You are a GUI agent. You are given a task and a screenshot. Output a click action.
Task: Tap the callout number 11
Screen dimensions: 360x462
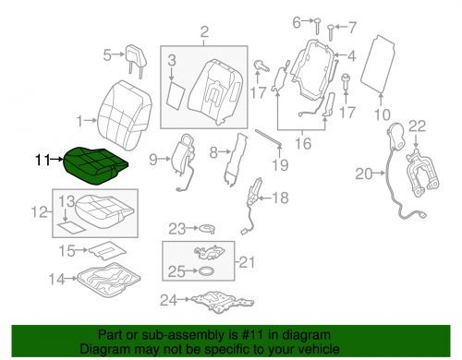point(42,161)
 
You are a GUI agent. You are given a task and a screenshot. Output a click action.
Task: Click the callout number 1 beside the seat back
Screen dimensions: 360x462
point(79,120)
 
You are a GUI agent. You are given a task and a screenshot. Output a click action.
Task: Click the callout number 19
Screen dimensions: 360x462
point(273,163)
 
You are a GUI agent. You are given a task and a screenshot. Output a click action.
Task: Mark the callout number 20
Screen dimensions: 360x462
point(361,172)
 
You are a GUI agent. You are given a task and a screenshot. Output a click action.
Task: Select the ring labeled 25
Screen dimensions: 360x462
point(207,272)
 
